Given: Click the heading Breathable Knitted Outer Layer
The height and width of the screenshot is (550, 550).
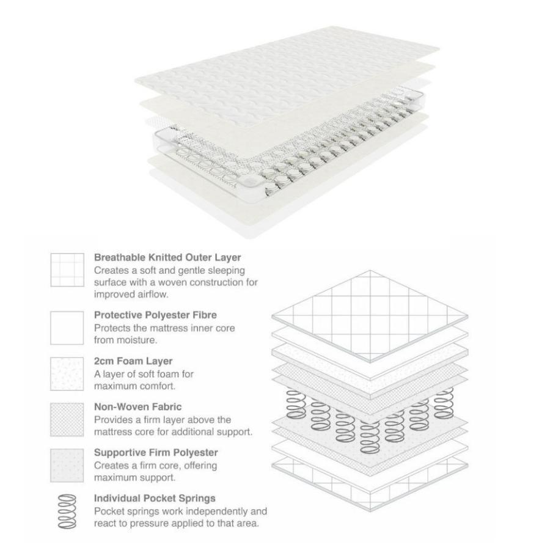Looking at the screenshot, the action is pyautogui.click(x=167, y=257).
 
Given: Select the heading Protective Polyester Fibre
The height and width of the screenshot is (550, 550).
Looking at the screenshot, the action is pyautogui.click(x=155, y=315).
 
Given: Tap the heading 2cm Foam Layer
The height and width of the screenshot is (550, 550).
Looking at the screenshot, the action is pyautogui.click(x=133, y=361).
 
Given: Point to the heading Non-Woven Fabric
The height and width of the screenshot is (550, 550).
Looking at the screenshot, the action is pyautogui.click(x=138, y=407).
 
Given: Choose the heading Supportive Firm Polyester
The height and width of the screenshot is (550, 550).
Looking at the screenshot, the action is pyautogui.click(x=156, y=452).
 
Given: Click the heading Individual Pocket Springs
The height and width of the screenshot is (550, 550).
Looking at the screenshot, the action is pyautogui.click(x=155, y=498).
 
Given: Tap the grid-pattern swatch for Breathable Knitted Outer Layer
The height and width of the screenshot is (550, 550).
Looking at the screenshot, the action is pyautogui.click(x=67, y=270).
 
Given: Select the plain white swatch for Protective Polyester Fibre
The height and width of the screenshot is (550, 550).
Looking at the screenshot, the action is pyautogui.click(x=67, y=328).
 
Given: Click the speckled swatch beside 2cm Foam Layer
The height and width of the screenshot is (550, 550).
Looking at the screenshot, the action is pyautogui.click(x=67, y=374).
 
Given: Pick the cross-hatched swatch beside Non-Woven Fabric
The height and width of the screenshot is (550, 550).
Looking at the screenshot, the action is pyautogui.click(x=67, y=419).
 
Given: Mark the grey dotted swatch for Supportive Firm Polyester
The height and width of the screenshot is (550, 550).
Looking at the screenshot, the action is pyautogui.click(x=67, y=466).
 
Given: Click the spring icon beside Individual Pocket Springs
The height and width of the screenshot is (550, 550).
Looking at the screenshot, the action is pyautogui.click(x=67, y=512).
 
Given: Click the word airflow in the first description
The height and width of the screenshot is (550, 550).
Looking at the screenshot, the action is pyautogui.click(x=150, y=295).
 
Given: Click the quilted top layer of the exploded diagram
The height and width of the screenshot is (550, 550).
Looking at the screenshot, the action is pyautogui.click(x=370, y=317).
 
